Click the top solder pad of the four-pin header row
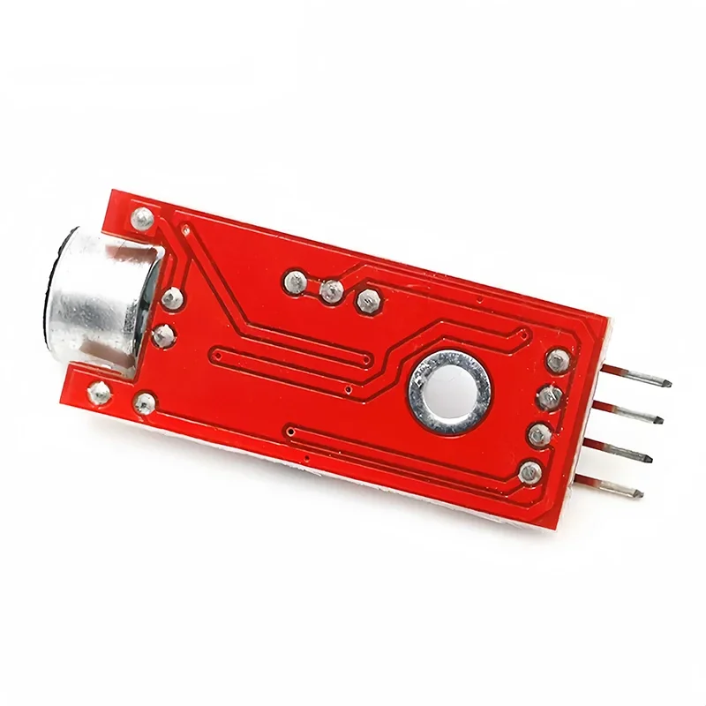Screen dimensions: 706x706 558,360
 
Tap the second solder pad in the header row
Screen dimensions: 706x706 548,398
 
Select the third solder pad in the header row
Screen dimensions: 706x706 538,434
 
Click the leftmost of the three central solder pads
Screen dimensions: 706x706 295,282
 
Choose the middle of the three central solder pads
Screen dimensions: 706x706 332,291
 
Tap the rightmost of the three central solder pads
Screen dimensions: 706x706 364,302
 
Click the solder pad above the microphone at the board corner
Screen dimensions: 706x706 141,217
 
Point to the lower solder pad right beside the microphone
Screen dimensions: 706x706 162,336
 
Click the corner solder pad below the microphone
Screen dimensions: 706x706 101,392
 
